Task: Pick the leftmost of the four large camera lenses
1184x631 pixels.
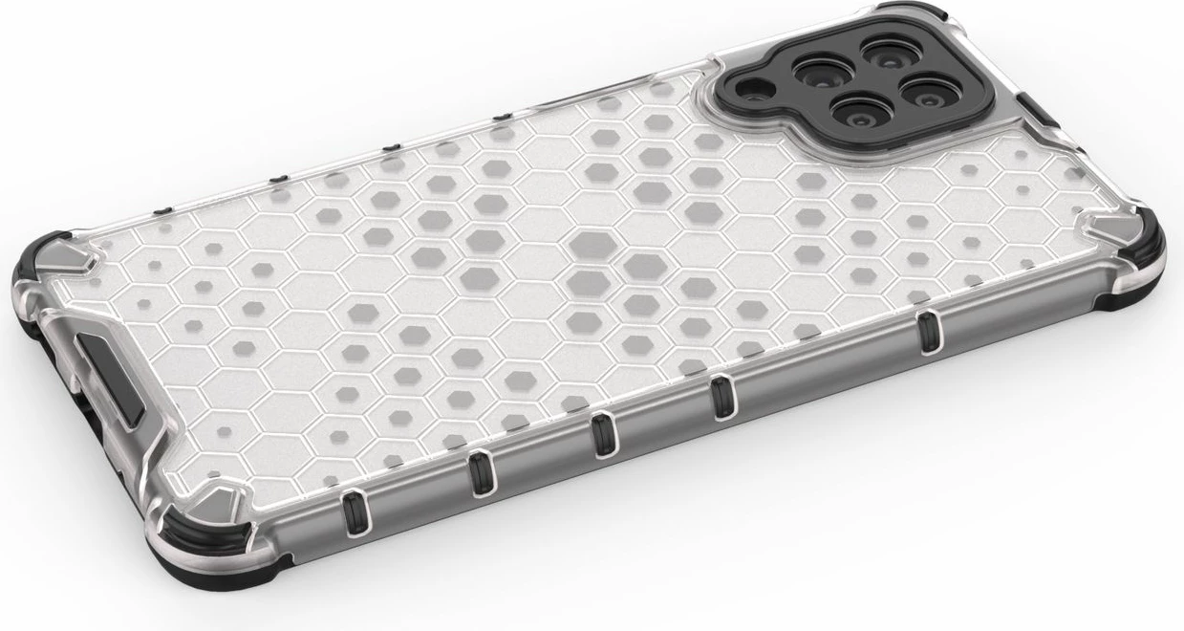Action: point(819,71)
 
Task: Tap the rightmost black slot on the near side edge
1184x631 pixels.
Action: point(925,330)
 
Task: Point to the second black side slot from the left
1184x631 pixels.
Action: point(480,473)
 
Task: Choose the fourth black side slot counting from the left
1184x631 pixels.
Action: point(721,395)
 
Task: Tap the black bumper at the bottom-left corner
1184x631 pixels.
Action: point(191,550)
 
